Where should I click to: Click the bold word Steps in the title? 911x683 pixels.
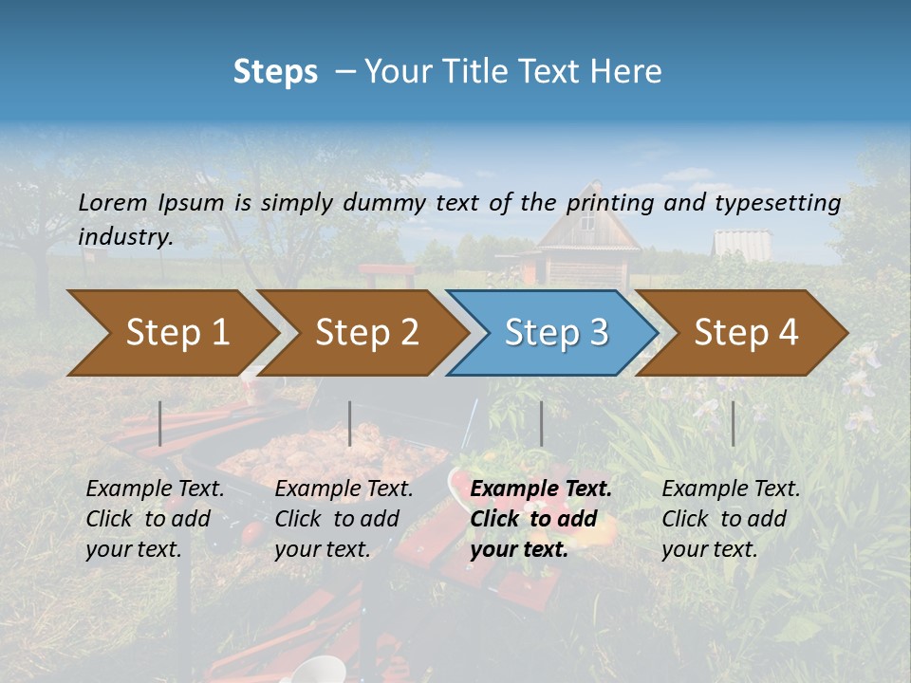[275, 72]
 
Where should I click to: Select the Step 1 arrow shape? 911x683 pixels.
[171, 333]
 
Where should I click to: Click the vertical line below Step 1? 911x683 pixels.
[160, 423]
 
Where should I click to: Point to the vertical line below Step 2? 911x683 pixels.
[350, 423]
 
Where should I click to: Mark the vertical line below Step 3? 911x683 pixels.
[541, 423]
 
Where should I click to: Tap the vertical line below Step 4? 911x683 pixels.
[733, 423]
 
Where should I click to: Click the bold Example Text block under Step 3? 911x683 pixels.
[540, 519]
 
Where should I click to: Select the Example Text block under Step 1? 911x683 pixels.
[155, 519]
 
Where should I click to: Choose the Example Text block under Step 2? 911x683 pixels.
[344, 519]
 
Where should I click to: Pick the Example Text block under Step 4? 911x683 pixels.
[731, 519]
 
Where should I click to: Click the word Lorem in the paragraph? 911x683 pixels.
[113, 202]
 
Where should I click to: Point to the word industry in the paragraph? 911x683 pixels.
[124, 237]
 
